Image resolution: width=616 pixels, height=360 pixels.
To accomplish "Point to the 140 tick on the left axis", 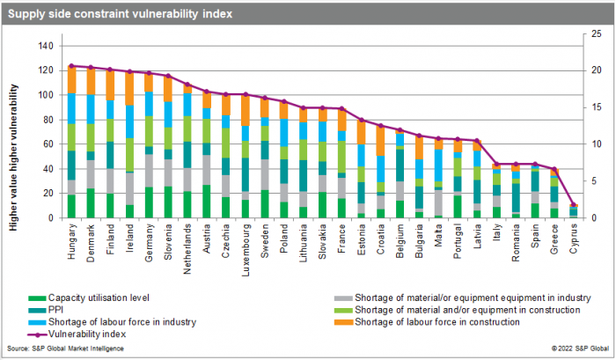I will (45, 46).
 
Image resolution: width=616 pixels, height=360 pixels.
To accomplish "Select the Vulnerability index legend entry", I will (101, 334).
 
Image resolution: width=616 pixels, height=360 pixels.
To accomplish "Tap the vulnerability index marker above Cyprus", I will (573, 205).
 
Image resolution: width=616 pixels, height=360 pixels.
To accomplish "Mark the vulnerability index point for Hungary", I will (71, 65).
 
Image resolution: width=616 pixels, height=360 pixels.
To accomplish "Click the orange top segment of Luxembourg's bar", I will (246, 110).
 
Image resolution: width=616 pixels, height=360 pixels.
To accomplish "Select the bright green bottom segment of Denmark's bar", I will (91, 202).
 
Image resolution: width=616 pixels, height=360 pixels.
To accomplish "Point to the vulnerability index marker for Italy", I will (496, 164).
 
